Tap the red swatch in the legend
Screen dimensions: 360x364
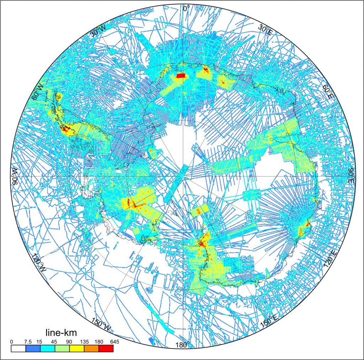(106, 348)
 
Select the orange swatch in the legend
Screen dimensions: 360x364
(91, 348)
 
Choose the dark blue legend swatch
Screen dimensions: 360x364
(33, 348)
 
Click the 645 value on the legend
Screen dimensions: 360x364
(113, 342)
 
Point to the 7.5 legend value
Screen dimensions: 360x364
(27, 342)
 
